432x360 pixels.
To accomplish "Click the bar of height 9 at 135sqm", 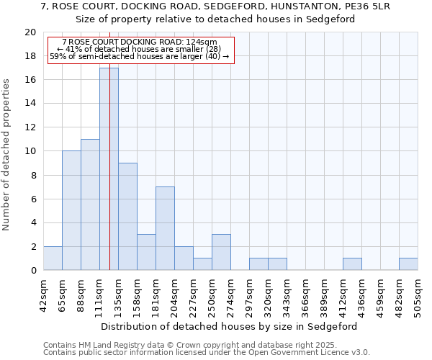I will (x=127, y=216).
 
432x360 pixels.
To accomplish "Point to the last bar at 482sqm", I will (x=408, y=264).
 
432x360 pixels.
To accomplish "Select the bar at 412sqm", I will (x=352, y=264).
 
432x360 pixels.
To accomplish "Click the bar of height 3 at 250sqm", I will (x=221, y=252).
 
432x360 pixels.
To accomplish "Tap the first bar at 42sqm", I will (x=53, y=258).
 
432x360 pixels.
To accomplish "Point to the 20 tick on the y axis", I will (x=30, y=32).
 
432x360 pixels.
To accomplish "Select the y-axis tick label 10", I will (x=30, y=151).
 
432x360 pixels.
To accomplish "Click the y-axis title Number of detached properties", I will (x=7, y=155).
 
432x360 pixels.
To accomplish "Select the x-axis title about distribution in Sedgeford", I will (x=230, y=326).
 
